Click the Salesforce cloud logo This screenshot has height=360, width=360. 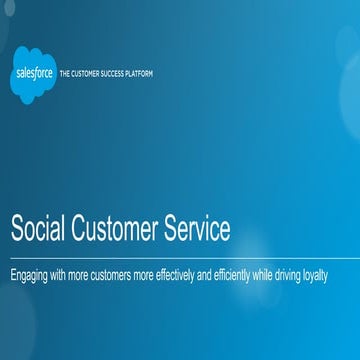pos(35,74)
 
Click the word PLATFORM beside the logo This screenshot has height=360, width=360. pos(141,74)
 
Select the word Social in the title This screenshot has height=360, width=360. pos(38,229)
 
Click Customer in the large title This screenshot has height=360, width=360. pos(114,229)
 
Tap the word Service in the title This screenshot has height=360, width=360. pos(197,229)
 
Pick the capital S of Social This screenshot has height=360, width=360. pos(17,229)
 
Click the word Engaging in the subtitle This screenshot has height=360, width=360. pos(29,273)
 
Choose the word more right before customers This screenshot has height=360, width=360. pos(83,273)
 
